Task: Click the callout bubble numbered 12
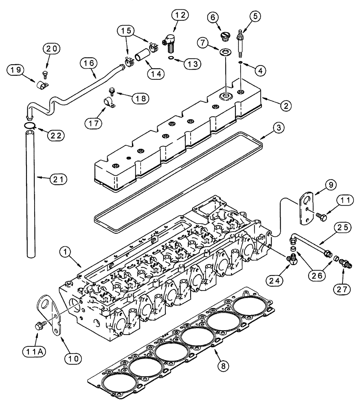tap(180, 16)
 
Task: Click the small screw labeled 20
tap(44, 74)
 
